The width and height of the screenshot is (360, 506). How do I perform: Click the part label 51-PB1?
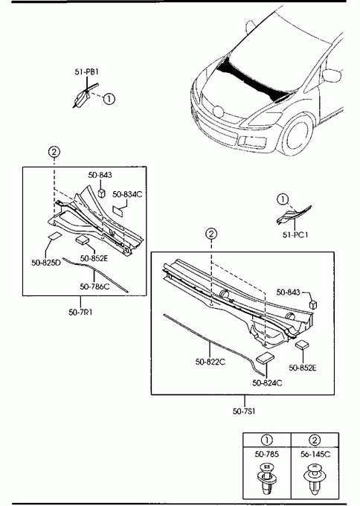point(86,71)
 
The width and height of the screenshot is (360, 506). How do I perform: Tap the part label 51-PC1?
point(295,235)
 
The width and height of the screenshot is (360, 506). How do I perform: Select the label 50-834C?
point(127,194)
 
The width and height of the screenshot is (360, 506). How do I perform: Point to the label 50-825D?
point(46,263)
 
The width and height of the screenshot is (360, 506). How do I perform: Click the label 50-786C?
point(95,286)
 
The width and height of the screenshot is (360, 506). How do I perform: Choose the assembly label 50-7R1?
point(80,313)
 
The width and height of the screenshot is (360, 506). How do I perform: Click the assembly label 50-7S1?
point(244,411)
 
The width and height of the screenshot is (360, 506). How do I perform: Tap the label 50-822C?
point(210,362)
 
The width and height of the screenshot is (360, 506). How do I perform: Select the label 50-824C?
point(267,382)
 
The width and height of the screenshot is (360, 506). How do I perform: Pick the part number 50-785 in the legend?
point(266,454)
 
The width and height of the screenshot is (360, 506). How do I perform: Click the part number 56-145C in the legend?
point(315,454)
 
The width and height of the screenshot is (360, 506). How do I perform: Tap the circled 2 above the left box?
point(54,151)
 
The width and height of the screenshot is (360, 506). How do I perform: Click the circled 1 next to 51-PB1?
point(109,98)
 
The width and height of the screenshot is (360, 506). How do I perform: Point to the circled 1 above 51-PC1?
point(283,199)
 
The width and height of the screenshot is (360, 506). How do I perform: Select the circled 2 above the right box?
point(211,234)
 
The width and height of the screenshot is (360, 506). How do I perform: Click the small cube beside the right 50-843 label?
point(313,304)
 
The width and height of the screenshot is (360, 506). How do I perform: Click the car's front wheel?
point(298,135)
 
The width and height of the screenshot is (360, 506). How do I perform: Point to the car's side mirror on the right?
point(332,75)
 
